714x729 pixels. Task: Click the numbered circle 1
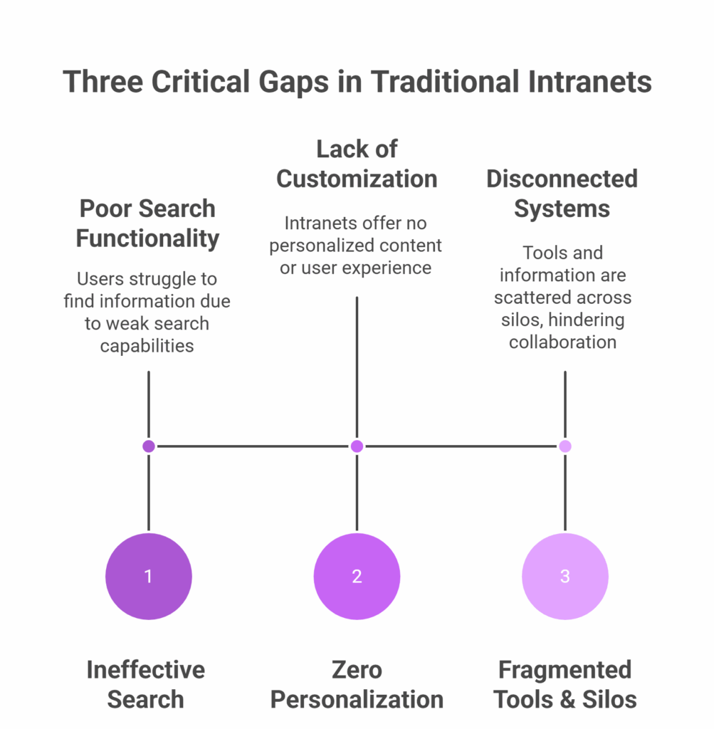(149, 576)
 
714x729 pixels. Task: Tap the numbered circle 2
(357, 576)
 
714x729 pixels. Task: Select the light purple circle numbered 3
(565, 576)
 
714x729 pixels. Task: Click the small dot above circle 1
(149, 446)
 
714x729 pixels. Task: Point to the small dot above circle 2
(357, 446)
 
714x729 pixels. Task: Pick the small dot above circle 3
(565, 446)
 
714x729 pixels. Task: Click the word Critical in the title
(201, 82)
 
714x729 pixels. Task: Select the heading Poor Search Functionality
(147, 224)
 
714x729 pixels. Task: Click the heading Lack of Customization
(357, 164)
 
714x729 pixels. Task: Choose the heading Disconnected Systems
(562, 194)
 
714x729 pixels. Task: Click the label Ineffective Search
(146, 684)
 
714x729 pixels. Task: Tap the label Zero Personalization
(357, 684)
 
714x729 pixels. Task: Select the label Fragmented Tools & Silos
(565, 684)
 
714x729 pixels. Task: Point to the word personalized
(315, 246)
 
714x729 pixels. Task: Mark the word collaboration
(563, 342)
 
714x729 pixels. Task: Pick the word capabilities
(147, 347)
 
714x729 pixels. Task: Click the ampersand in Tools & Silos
(566, 700)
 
